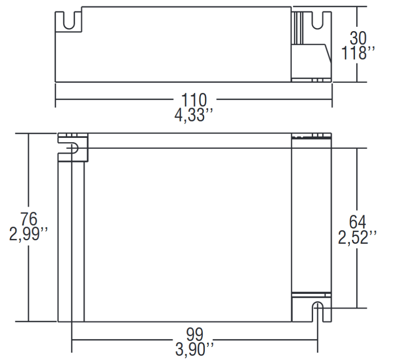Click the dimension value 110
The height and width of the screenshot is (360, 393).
click(x=194, y=100)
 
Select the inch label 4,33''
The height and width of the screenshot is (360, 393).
click(x=194, y=115)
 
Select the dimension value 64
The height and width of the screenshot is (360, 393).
click(x=358, y=222)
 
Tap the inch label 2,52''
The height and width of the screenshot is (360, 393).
click(x=358, y=237)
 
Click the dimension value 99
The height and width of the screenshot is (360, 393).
click(x=195, y=334)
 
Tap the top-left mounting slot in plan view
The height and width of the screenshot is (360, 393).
click(x=72, y=148)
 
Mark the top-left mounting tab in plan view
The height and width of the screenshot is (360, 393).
click(x=73, y=147)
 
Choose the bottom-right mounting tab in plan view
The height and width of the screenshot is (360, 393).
click(x=311, y=308)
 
